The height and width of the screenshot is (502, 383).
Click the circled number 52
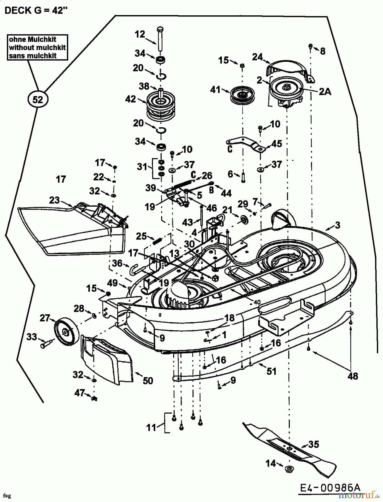click(x=38, y=99)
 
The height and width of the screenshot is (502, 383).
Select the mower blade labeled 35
click(x=290, y=449)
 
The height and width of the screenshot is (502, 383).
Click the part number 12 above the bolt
click(x=140, y=34)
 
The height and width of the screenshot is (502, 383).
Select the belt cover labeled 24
click(x=290, y=69)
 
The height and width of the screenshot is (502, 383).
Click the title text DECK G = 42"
click(x=36, y=11)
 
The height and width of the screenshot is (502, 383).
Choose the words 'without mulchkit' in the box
click(x=37, y=47)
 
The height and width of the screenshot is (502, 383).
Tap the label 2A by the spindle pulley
click(x=325, y=91)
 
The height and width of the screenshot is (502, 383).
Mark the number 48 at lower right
click(x=353, y=376)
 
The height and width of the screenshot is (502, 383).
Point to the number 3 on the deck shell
click(x=338, y=225)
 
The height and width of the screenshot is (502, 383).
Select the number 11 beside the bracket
click(x=151, y=427)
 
